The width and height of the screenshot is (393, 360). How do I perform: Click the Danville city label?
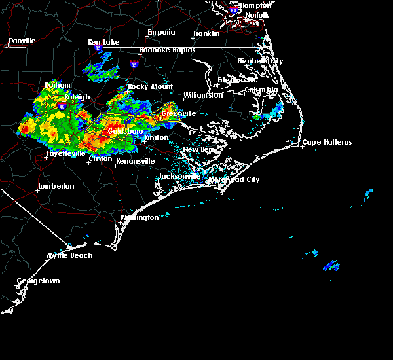(x=22, y=41)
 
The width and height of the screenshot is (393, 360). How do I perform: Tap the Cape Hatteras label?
(x=327, y=143)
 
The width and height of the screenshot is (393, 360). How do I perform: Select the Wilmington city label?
(x=140, y=217)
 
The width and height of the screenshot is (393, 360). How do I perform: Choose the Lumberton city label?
(x=56, y=186)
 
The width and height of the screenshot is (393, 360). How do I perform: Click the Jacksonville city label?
(x=179, y=177)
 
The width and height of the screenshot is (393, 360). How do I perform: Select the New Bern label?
(x=198, y=149)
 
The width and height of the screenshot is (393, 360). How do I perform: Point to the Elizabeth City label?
(x=260, y=61)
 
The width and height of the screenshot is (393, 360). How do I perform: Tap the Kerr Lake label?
(x=103, y=42)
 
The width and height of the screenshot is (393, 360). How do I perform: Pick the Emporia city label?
(x=160, y=32)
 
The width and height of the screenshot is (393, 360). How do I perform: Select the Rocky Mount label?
(x=150, y=86)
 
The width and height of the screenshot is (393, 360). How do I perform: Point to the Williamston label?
(x=203, y=95)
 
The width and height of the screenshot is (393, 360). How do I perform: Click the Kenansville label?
(x=135, y=160)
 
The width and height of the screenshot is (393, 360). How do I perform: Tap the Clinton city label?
(x=100, y=158)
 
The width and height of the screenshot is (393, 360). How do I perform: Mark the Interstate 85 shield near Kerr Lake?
(x=99, y=48)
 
